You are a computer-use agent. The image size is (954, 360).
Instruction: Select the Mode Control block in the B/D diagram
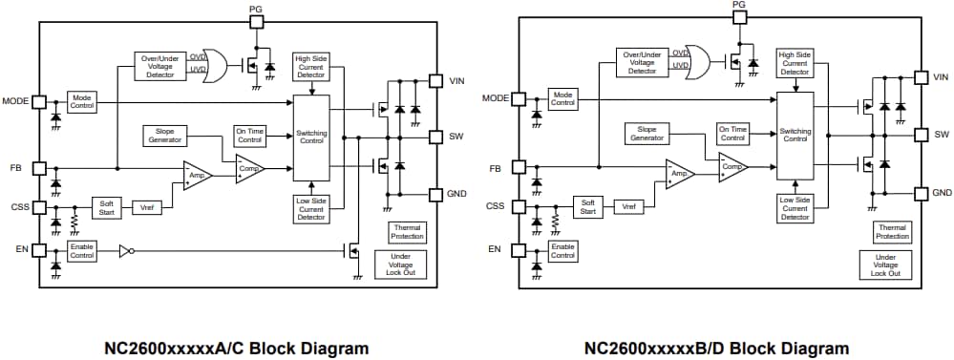pos(563,97)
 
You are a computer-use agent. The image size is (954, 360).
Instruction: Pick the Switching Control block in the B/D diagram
pos(795,136)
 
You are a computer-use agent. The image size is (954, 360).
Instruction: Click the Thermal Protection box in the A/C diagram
pos(406,231)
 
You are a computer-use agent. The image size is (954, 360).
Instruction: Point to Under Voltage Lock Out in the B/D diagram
pos(885,264)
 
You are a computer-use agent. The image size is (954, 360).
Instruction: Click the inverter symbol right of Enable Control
pos(124,252)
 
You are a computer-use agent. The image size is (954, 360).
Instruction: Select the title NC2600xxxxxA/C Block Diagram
pos(235,348)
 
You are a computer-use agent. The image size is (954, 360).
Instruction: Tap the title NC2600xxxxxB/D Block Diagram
pos(716,348)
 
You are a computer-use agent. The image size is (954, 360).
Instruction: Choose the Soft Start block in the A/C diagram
pos(105,206)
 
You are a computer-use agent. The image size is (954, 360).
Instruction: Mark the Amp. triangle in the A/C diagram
pos(198,175)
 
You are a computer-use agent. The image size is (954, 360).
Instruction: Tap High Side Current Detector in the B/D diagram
pos(795,68)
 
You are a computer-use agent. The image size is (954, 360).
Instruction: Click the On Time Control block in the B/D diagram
pos(732,134)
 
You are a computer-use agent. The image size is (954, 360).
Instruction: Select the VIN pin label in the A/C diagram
pos(456,82)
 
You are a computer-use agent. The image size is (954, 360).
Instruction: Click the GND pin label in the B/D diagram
pos(942,193)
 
